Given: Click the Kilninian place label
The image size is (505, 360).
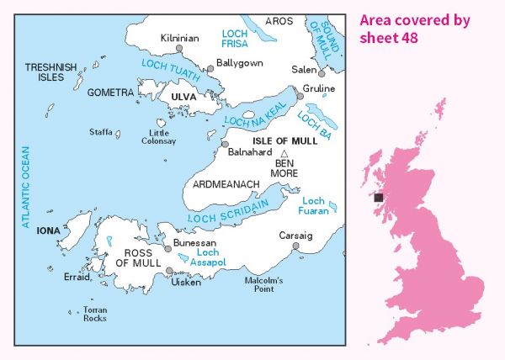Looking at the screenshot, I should pos(179,38).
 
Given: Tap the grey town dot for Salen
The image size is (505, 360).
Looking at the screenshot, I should pos(321,74).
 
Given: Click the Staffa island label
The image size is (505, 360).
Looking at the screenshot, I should pos(101,132).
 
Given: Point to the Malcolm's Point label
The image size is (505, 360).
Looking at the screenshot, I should pos(263,283).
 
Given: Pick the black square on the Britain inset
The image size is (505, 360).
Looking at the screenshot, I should pos(379,198).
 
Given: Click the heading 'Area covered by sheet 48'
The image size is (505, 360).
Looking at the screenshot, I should pos(414,29).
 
